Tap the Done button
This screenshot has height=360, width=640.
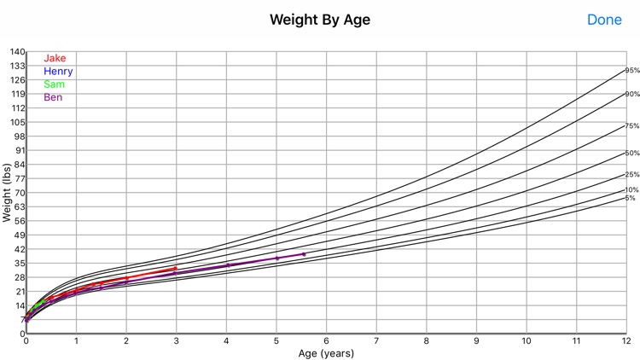(604, 19)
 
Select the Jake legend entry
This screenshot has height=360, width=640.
(55, 58)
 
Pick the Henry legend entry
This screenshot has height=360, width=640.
(58, 71)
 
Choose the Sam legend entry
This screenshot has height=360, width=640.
(54, 84)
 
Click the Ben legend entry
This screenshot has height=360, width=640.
(53, 97)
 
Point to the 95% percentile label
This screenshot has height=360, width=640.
(632, 71)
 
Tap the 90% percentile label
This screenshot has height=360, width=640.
(632, 94)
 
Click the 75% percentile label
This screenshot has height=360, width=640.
(632, 126)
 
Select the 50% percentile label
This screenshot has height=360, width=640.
(632, 154)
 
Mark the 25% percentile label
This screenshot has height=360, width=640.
(632, 175)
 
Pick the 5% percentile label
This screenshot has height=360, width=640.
(631, 198)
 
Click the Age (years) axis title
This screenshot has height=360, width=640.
(327, 352)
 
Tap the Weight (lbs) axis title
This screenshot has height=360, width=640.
(7, 193)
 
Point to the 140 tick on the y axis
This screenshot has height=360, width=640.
(17, 52)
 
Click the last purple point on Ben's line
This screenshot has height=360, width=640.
(304, 254)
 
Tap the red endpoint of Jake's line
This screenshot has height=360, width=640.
(175, 269)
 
